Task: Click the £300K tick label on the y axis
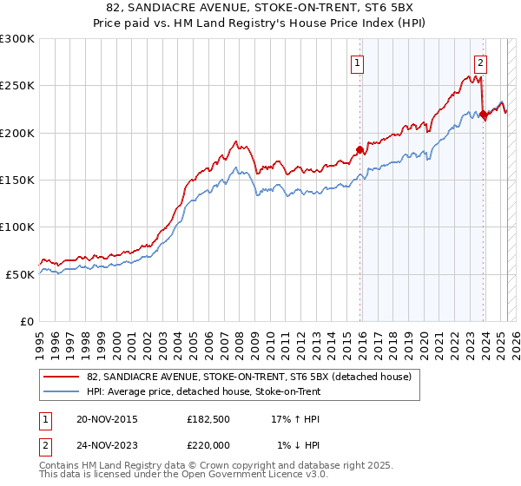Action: pos(17,39)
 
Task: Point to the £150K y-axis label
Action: pos(17,180)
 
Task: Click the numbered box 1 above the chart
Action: pos(358,62)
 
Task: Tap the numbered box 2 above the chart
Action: pos(480,62)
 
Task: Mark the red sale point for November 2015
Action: pos(359,148)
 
